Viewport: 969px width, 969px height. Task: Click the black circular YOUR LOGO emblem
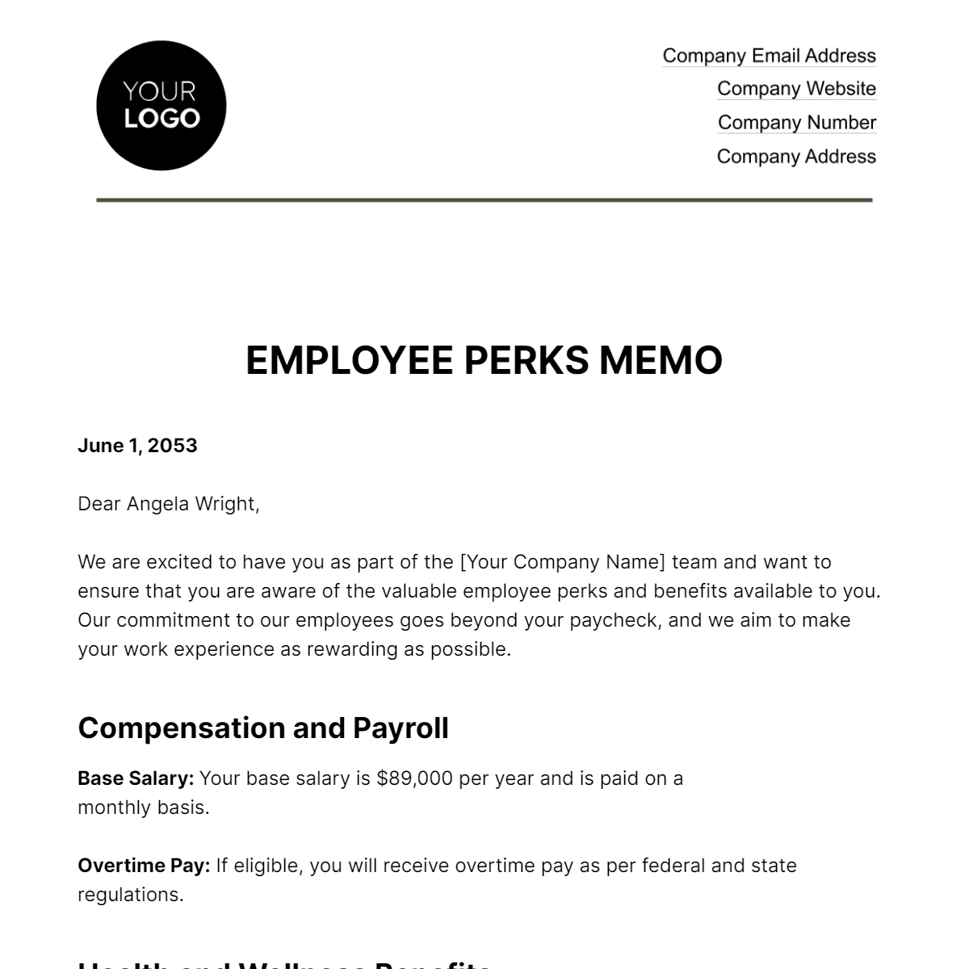pyautogui.click(x=161, y=106)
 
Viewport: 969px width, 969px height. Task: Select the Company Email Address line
pyautogui.click(x=769, y=56)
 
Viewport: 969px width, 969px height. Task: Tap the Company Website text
pyautogui.click(x=796, y=89)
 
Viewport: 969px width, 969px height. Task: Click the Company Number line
pyautogui.click(x=796, y=123)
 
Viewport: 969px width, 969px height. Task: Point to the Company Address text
pyautogui.click(x=796, y=157)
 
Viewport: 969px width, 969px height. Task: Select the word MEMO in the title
pyautogui.click(x=661, y=360)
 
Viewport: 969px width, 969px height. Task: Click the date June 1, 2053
pyautogui.click(x=137, y=446)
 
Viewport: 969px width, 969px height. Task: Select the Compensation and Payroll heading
pyautogui.click(x=263, y=728)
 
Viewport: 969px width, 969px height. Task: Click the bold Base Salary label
pyautogui.click(x=136, y=778)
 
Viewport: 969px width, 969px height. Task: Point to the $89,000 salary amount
pyautogui.click(x=414, y=778)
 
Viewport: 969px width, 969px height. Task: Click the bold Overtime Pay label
pyautogui.click(x=144, y=866)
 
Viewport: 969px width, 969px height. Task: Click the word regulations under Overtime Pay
pyautogui.click(x=129, y=895)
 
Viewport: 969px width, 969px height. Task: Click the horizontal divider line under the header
pyautogui.click(x=484, y=199)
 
